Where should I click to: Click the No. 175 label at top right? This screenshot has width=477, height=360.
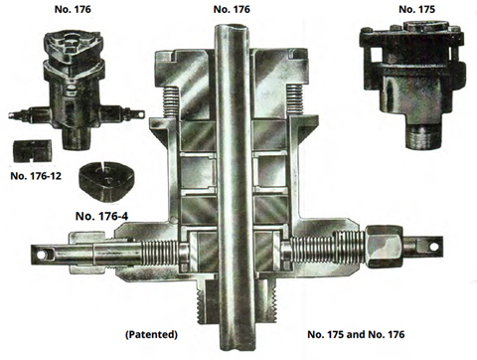[416, 9]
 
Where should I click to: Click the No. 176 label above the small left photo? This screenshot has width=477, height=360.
[73, 9]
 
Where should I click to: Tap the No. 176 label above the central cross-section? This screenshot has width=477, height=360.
[232, 9]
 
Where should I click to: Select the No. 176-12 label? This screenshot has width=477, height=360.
[36, 176]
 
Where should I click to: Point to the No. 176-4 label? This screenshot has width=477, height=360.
[101, 216]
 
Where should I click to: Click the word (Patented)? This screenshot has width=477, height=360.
[151, 334]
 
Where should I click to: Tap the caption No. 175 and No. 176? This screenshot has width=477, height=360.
[356, 334]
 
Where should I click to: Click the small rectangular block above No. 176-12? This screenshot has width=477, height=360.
[32, 151]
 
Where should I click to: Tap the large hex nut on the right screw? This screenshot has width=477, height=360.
[385, 246]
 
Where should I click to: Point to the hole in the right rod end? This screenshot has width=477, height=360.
[433, 247]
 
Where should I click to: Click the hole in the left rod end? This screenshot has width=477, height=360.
[41, 255]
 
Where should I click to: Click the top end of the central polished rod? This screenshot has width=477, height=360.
[232, 28]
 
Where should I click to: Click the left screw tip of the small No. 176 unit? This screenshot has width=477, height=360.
[10, 115]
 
